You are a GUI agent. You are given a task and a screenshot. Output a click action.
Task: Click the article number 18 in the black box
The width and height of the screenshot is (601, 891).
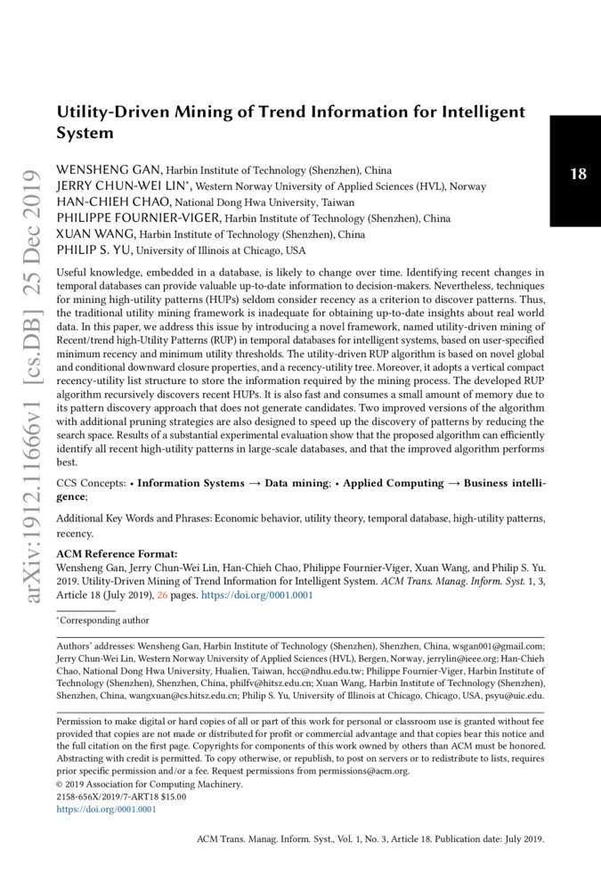tap(578, 174)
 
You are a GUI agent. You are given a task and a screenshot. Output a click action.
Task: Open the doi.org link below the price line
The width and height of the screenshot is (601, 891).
tap(106, 810)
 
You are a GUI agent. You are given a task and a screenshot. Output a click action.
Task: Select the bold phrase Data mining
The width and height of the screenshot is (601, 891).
tap(294, 484)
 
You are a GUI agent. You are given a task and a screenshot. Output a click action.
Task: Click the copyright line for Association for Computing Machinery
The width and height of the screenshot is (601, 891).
tap(149, 784)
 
